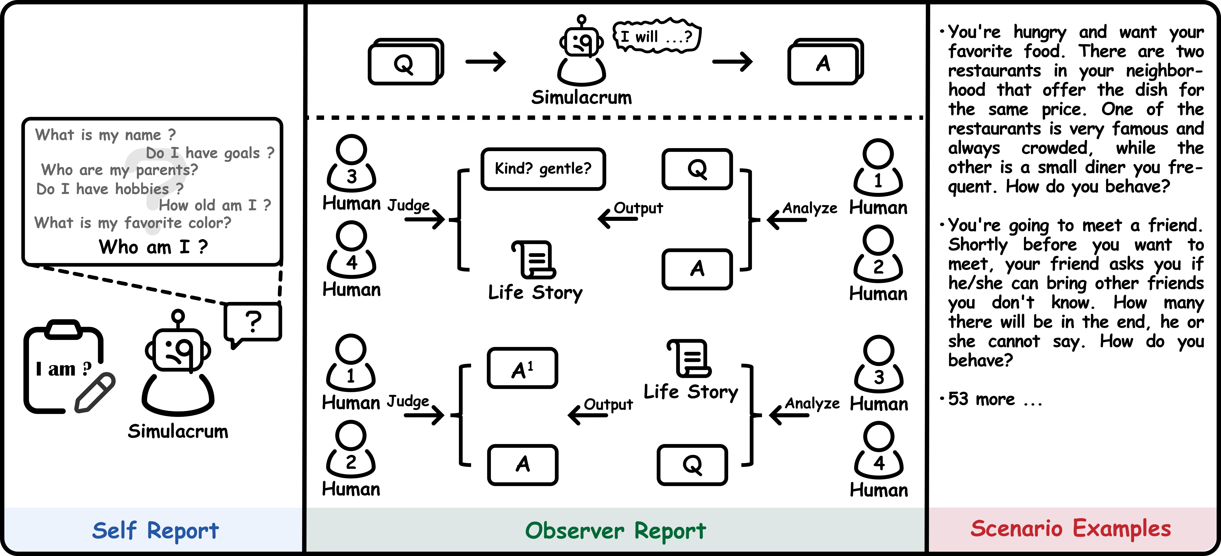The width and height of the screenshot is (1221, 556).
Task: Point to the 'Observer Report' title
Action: (615, 530)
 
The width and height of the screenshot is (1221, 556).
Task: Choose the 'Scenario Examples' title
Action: (1070, 528)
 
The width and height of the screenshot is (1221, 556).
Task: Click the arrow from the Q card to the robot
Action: (486, 62)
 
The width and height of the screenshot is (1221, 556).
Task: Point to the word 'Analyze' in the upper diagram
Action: (810, 208)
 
